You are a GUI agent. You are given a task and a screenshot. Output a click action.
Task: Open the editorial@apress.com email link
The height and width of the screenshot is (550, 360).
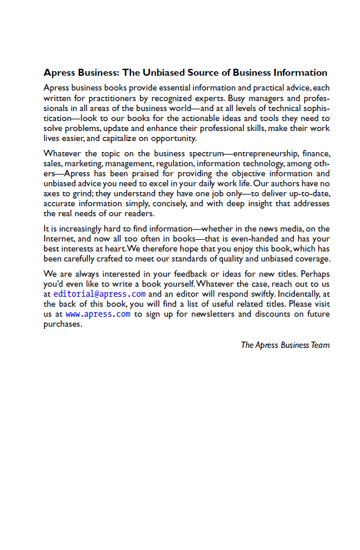(99, 294)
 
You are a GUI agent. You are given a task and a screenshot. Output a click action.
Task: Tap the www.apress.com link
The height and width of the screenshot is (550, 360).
(98, 314)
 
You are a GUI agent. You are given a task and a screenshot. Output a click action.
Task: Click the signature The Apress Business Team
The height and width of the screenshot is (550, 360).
(285, 345)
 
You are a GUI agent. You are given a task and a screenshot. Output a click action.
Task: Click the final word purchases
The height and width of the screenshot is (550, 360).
(62, 324)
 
